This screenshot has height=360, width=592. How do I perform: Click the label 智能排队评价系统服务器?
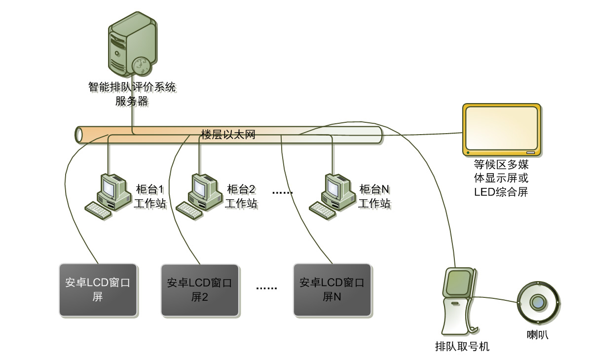pyautogui.click(x=132, y=94)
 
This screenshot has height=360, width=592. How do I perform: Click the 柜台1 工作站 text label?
pyautogui.click(x=150, y=196)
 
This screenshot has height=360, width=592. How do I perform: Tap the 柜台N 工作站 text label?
pyautogui.click(x=374, y=196)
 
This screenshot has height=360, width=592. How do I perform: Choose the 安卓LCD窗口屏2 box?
pyautogui.click(x=200, y=290)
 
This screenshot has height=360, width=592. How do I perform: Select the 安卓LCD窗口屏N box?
pyautogui.click(x=332, y=290)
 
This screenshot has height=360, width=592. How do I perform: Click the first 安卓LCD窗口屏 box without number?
pyautogui.click(x=98, y=290)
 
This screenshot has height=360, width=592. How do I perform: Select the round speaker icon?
pyautogui.click(x=537, y=302)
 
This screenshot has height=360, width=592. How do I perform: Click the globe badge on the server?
pyautogui.click(x=140, y=65)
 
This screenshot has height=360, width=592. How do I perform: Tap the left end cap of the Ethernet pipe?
pyautogui.click(x=79, y=135)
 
